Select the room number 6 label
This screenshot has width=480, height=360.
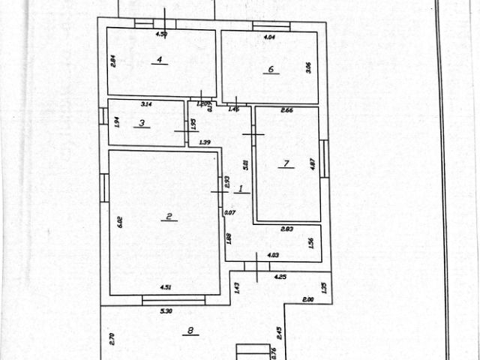click(x=271, y=70)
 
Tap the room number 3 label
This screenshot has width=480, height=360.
click(x=141, y=123)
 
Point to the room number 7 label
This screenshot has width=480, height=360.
click(x=286, y=163)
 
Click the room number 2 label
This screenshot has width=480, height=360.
click(x=169, y=217)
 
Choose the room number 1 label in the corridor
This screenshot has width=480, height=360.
click(x=241, y=188)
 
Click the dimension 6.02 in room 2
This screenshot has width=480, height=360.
click(x=118, y=223)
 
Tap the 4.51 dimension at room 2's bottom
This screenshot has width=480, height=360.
click(x=166, y=286)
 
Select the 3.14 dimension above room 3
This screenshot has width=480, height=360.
click(x=147, y=104)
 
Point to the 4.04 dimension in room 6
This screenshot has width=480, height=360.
click(x=271, y=37)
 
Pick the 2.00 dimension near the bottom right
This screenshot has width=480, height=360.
click(x=308, y=299)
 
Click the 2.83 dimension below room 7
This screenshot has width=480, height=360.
click(x=287, y=230)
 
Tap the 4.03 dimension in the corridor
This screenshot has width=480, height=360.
click(x=273, y=256)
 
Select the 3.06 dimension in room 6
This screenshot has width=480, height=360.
click(x=307, y=67)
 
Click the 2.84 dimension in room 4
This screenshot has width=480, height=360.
click(x=112, y=61)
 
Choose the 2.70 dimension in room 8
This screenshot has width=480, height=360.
click(x=112, y=338)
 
